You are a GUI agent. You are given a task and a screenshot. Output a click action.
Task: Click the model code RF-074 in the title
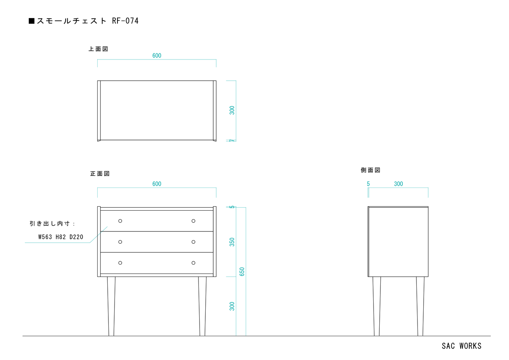(125, 21)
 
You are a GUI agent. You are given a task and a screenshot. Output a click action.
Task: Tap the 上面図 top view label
(98, 49)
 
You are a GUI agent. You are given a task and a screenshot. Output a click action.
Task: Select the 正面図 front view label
(100, 174)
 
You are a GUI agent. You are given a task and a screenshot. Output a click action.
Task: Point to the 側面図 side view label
(370, 170)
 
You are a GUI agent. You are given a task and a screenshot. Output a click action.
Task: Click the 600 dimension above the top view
(157, 56)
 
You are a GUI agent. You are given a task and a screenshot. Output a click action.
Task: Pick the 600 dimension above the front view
(157, 184)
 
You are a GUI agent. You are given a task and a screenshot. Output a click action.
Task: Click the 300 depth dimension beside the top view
(232, 110)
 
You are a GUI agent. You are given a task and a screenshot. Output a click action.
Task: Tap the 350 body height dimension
(232, 242)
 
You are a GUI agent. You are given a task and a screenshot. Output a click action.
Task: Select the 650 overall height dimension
(242, 272)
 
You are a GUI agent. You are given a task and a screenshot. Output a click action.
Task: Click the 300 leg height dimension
(232, 306)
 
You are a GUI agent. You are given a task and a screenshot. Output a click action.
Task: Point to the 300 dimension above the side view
(398, 184)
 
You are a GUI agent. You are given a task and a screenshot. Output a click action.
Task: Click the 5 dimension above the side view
(369, 184)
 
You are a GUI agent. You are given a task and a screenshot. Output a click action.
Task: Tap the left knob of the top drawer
(120, 221)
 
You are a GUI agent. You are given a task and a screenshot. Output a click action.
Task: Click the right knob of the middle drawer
(193, 242)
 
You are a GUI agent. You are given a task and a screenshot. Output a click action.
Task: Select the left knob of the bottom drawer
(120, 263)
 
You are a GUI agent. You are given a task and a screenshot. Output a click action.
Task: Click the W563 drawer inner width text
(45, 237)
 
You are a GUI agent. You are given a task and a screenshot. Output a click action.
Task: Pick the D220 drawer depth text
(76, 237)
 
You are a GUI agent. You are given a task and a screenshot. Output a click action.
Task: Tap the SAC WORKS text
(461, 346)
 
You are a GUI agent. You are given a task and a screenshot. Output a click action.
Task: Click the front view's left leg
(111, 306)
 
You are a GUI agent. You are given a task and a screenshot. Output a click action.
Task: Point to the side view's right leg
(420, 306)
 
